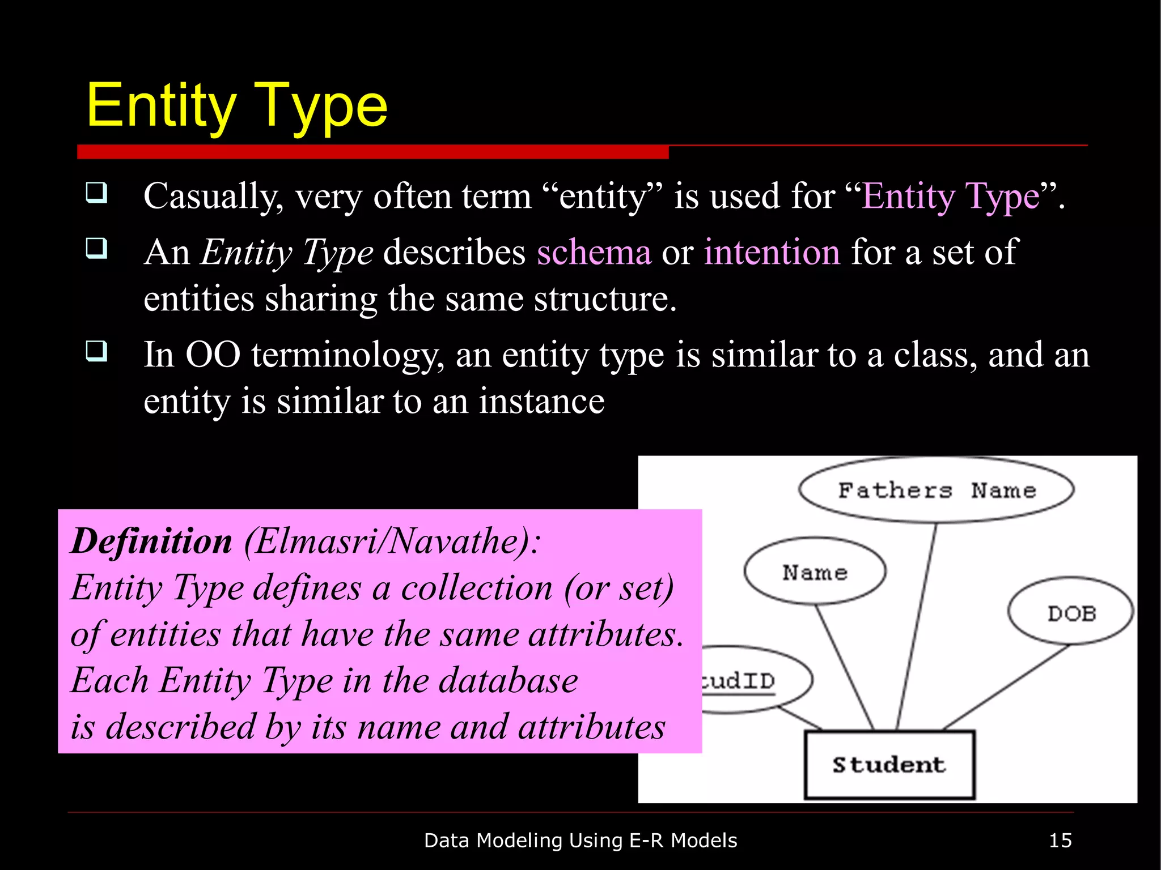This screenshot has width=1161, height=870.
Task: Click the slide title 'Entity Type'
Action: pyautogui.click(x=237, y=106)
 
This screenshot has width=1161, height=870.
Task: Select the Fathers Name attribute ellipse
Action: pyautogui.click(x=936, y=490)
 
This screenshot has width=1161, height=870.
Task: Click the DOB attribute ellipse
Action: pyautogui.click(x=1071, y=613)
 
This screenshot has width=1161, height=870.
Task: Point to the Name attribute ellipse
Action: pyautogui.click(x=815, y=572)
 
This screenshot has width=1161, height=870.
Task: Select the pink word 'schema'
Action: pyautogui.click(x=594, y=252)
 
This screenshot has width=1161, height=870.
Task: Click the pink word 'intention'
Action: pyautogui.click(x=772, y=252)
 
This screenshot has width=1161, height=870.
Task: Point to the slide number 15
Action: pyautogui.click(x=1060, y=841)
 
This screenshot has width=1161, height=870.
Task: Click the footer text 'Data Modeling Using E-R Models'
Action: pyautogui.click(x=580, y=841)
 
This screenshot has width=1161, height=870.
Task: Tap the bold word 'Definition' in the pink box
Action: pyautogui.click(x=151, y=541)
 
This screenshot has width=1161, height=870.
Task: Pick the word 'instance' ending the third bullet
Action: pyautogui.click(x=541, y=402)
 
